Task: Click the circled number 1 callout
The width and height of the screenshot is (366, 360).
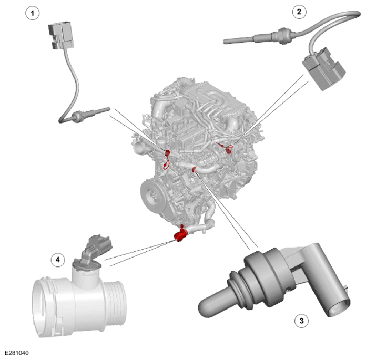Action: [x=32, y=13]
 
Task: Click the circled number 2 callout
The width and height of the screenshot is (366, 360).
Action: [x=299, y=12]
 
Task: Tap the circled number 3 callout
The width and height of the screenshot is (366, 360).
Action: [x=301, y=321]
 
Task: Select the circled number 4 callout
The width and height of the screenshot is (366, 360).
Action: [x=58, y=260]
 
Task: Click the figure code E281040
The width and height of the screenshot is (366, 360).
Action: [x=17, y=353]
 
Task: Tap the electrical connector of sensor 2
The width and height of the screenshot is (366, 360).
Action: [x=323, y=68]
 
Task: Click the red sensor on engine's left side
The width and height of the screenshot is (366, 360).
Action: [x=167, y=158]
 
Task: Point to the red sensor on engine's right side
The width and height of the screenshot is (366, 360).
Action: [x=226, y=148]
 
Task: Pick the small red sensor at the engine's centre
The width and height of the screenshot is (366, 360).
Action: [x=194, y=169]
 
